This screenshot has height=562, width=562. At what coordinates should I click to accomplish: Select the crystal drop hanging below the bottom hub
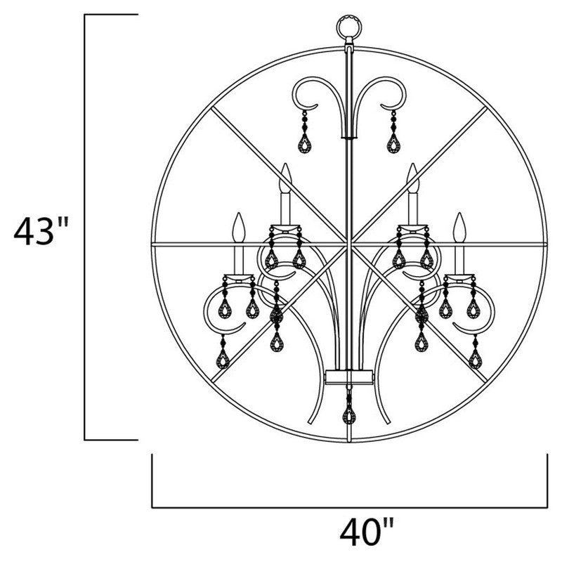point(349,414)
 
